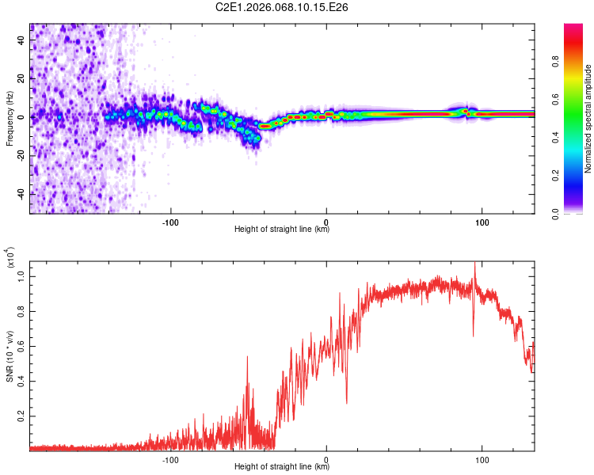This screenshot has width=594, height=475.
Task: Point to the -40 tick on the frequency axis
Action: (21, 194)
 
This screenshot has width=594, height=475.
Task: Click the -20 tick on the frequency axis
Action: (21, 155)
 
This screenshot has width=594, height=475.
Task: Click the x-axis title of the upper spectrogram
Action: (282, 230)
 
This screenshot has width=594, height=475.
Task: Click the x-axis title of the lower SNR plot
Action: (282, 466)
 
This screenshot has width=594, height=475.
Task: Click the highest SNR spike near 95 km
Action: (474, 264)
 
